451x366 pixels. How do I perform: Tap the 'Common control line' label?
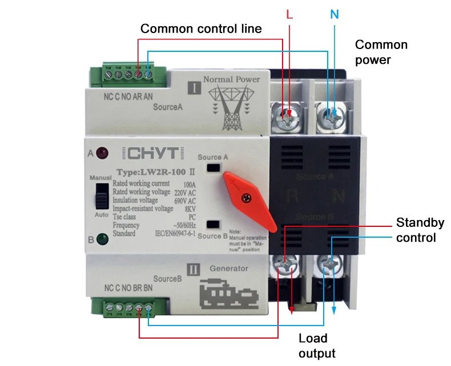click(x=201, y=29)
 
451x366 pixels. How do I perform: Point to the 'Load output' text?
click(x=317, y=345)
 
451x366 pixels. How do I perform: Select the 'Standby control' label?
click(x=420, y=230)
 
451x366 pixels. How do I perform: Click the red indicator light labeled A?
click(x=103, y=153)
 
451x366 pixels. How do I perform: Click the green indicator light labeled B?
click(x=103, y=239)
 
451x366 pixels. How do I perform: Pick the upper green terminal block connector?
click(x=125, y=74)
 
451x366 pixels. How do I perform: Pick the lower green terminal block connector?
click(x=128, y=308)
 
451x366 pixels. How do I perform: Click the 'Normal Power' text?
click(x=231, y=79)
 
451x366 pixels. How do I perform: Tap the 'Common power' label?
click(x=381, y=52)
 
